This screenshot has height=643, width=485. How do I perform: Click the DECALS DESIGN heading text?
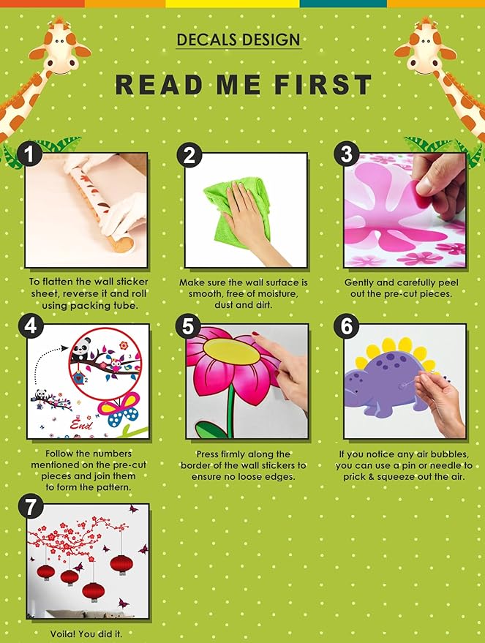pos(238,40)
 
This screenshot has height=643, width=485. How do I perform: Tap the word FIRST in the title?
pos(323,84)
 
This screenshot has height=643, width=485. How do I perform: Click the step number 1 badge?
pos(29,154)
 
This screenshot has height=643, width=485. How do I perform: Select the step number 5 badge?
pos(188,327)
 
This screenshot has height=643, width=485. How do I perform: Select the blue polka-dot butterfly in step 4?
pos(119,409)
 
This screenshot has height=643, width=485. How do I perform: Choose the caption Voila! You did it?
pos(86,633)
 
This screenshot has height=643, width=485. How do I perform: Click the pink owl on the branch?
pos(116,365)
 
